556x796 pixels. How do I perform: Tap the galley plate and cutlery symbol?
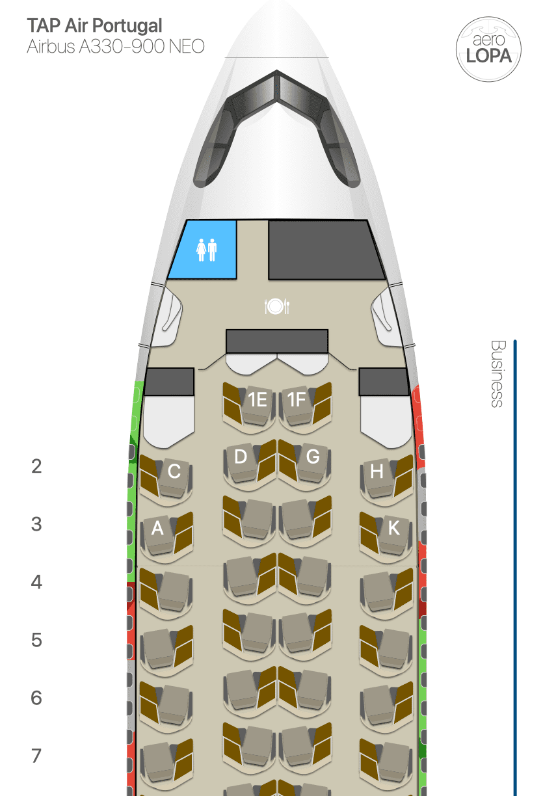[277, 306]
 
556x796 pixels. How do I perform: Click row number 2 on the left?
[36, 466]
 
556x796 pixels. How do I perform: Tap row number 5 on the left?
[36, 640]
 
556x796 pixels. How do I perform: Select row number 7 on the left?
[36, 756]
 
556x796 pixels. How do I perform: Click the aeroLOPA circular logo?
[488, 49]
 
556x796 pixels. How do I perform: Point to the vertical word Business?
[497, 374]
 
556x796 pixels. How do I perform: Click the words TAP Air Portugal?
[94, 26]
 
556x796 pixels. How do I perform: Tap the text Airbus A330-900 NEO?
[116, 47]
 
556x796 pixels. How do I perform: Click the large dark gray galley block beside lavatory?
[326, 250]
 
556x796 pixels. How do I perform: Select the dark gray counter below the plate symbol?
[277, 341]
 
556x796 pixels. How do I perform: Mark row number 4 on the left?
[36, 582]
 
